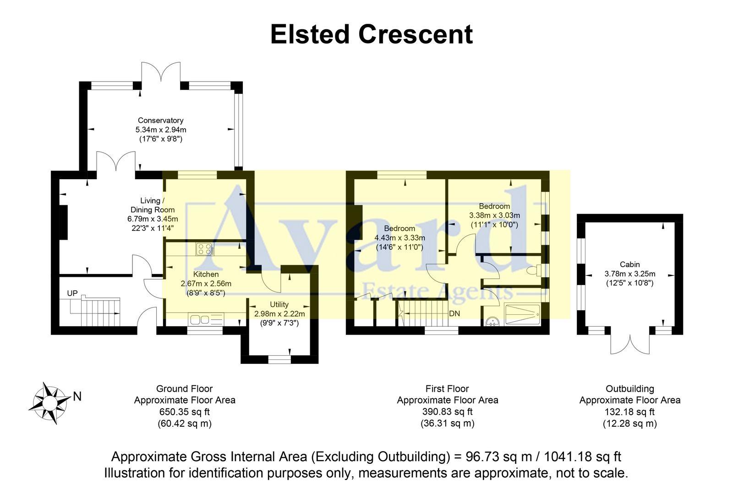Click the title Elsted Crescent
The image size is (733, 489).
371,34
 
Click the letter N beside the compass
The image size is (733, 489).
77,396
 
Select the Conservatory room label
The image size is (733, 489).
160,121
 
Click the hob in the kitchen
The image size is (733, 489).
205,249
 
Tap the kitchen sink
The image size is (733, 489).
199,319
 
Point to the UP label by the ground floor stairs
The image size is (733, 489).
72,293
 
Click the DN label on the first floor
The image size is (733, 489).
454,314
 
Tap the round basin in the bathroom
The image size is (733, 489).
492,320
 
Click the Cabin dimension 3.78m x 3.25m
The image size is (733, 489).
630,274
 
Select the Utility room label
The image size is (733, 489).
279,304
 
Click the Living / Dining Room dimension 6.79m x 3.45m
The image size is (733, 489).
153,219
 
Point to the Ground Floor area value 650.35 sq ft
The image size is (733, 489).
184,412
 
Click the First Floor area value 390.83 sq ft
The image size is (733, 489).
447,412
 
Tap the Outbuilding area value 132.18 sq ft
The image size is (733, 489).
629,412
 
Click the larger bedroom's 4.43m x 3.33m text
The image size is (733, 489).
399,238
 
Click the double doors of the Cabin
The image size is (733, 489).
630,341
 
